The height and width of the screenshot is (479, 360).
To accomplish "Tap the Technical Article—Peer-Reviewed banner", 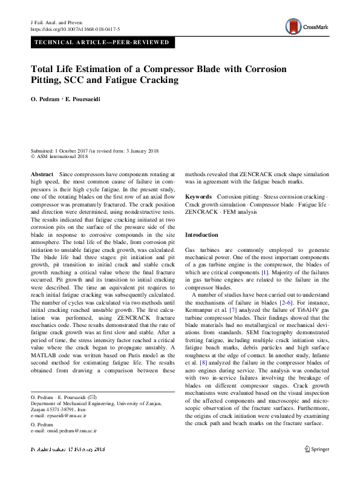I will (103, 42).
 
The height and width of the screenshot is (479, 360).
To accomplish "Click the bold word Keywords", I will (198, 197).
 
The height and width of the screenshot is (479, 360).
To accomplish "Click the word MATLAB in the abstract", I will (47, 354).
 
